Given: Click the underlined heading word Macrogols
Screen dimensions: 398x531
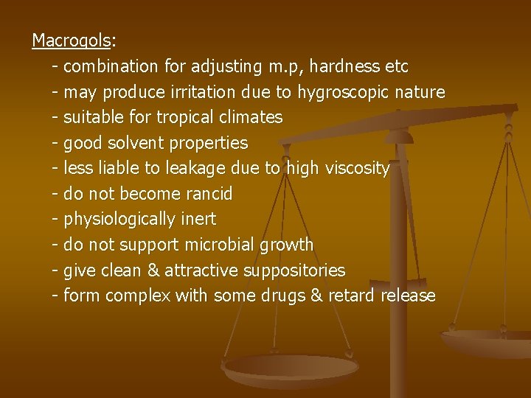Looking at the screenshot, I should pos(70,40).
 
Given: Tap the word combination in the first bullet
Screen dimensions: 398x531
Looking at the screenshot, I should pos(111,66).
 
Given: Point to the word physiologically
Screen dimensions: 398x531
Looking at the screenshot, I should pos(119,219).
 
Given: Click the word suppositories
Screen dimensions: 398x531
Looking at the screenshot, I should pos(292,270).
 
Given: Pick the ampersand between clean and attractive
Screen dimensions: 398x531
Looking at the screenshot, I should pos(153,270).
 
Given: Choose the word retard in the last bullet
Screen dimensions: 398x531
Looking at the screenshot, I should pos(350,296).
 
